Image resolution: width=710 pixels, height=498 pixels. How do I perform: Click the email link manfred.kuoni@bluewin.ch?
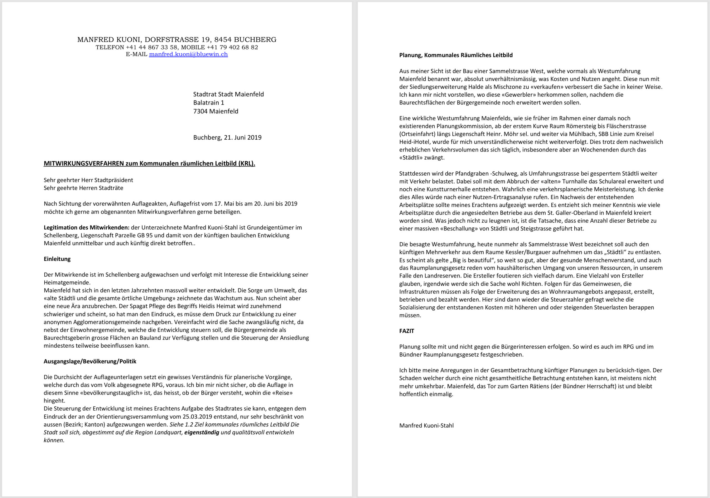tap(188, 54)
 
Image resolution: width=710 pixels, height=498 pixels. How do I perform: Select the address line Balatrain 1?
tap(209, 103)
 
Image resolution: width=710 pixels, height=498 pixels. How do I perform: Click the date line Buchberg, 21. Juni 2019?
tap(227, 138)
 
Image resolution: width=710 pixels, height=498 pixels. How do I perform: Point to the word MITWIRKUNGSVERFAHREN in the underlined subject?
tap(84, 164)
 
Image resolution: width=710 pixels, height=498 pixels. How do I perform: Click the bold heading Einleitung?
tap(57, 259)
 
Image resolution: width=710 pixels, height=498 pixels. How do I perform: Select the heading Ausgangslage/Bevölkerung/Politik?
tap(90, 361)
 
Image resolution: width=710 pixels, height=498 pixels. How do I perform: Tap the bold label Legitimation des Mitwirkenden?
tap(87, 228)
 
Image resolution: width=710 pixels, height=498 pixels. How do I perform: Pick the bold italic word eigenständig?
tap(202, 433)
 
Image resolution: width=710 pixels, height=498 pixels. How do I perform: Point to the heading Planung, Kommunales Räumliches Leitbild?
tap(456, 55)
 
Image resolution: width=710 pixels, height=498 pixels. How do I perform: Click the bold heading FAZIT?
tap(407, 331)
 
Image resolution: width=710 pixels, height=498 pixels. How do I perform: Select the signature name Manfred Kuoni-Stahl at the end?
tap(427, 425)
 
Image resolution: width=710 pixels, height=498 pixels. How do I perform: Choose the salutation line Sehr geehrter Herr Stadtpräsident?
tap(88, 180)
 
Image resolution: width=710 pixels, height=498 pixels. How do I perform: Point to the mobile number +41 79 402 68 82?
tap(232, 48)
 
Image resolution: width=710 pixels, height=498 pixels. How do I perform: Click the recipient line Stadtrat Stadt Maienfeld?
tap(229, 94)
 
